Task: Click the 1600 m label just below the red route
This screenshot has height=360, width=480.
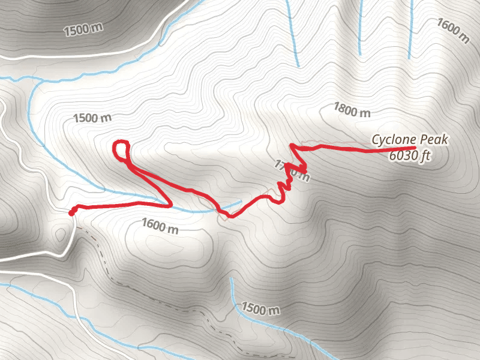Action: [160, 227]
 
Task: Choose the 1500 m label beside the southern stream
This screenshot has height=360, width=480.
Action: [260, 310]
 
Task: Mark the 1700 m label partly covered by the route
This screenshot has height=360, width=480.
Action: [293, 170]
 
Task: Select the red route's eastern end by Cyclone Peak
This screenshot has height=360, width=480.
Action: [413, 148]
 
